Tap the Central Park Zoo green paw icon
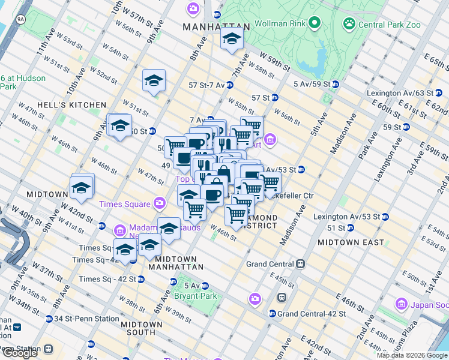pyautogui.click(x=349, y=24)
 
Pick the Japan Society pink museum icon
pyautogui.click(x=402, y=305)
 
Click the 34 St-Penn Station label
pyautogui.click(x=79, y=319)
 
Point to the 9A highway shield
pyautogui.click(x=22, y=20)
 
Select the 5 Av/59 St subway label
pyautogui.click(x=311, y=84)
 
